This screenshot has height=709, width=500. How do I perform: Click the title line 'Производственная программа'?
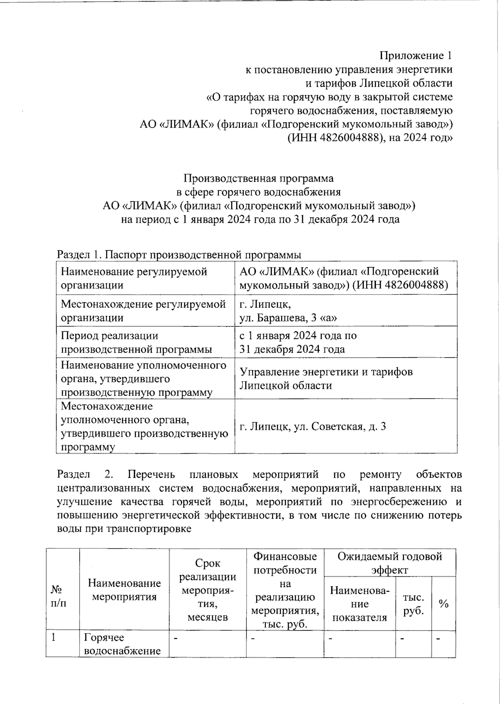[258, 179]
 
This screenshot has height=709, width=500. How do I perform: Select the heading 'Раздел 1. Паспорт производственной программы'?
[179, 254]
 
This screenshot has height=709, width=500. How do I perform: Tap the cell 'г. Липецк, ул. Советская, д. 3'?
[312, 426]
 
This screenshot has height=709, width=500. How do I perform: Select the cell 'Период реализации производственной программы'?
[145, 342]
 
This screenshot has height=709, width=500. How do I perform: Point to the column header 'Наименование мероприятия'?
[124, 589]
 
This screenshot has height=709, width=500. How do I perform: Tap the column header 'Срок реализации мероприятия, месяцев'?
[207, 590]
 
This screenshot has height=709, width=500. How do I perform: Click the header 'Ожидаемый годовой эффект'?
[390, 563]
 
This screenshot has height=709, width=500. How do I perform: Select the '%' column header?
[443, 603]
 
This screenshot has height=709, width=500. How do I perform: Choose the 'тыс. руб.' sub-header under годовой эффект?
[413, 603]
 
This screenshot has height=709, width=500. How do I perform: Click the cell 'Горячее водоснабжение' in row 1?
[122, 644]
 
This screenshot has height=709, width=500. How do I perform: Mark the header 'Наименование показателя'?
[359, 603]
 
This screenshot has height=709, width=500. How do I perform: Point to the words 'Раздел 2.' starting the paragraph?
[85, 474]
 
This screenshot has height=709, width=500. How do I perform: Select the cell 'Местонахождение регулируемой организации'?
[145, 310]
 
